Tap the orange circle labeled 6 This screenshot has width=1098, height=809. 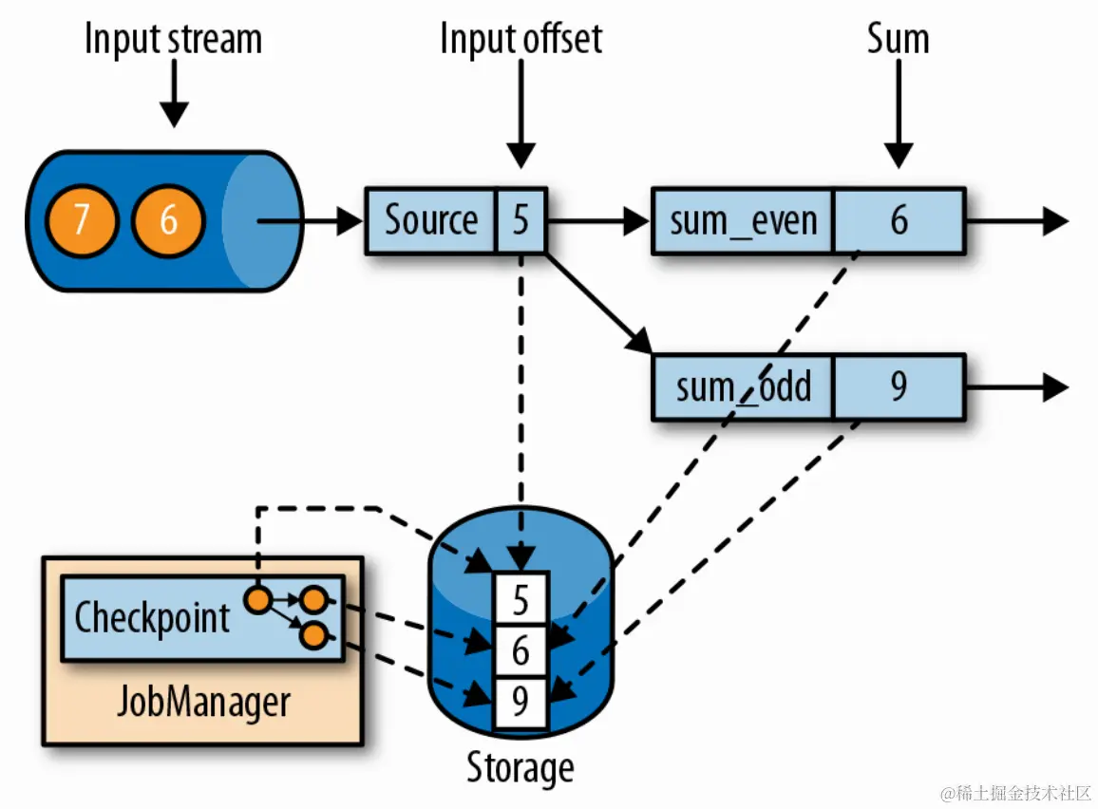[x=168, y=221]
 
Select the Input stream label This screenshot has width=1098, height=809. [x=173, y=40]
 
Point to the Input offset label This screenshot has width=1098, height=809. [x=521, y=40]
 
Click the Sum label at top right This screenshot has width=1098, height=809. [x=898, y=40]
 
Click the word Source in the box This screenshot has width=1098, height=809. [x=430, y=220]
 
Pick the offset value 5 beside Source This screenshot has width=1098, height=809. [x=521, y=220]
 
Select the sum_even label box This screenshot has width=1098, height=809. [x=744, y=221]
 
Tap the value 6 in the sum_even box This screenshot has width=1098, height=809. [x=899, y=221]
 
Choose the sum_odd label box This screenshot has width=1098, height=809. [x=744, y=387]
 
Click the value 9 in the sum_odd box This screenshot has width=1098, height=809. [x=899, y=387]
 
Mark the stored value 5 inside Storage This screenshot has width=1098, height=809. [x=521, y=600]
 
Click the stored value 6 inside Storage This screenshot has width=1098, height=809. [x=521, y=652]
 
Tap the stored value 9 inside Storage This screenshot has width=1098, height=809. [x=521, y=703]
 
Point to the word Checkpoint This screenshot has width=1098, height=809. [x=152, y=617]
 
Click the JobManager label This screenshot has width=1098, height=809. [x=202, y=703]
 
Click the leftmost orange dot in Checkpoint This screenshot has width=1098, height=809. [x=256, y=600]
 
